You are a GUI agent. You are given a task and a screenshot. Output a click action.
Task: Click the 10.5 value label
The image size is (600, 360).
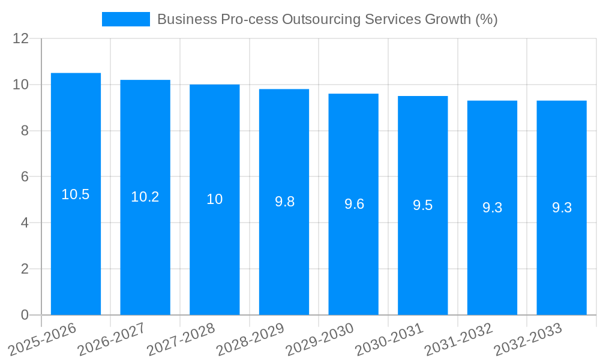(x=76, y=194)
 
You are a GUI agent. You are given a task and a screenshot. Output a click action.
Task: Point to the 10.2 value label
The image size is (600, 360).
(x=145, y=197)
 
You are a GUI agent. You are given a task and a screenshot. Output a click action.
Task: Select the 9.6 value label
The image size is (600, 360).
(x=354, y=204)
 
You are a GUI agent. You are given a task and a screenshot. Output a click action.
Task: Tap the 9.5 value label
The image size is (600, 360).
(x=423, y=205)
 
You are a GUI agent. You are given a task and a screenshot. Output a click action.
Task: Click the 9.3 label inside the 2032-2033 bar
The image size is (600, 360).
(x=562, y=208)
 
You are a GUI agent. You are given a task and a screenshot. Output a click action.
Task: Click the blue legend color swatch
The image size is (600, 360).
(x=126, y=19)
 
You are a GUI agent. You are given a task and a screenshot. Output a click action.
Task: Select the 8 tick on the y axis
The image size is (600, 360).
(x=25, y=131)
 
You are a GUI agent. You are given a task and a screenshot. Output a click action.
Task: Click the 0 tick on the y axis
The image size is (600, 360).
(x=25, y=315)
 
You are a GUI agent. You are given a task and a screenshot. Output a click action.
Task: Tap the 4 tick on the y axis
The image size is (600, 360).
(x=25, y=223)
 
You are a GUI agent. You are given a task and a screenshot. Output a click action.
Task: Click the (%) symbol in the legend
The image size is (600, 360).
(x=486, y=19)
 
